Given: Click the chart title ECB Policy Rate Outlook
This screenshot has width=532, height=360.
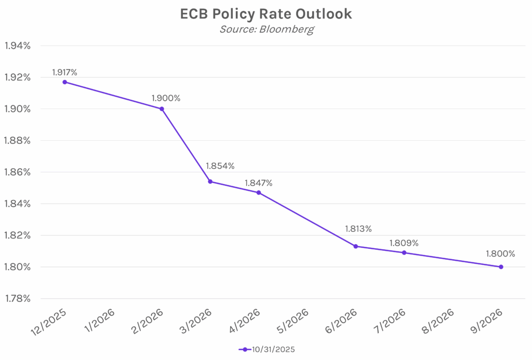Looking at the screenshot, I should tap(266, 14).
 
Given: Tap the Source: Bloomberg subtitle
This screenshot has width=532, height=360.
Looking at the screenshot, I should tap(266, 29).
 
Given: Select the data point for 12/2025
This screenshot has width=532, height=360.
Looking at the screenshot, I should tap(65, 82).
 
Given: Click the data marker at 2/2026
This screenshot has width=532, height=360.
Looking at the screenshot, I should tap(162, 109).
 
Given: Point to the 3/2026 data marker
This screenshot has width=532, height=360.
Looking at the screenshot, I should tap(210, 182).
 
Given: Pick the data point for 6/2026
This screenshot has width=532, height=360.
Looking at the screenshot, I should tap(356, 246).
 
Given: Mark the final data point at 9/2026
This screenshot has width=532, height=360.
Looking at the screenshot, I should tap(501, 267).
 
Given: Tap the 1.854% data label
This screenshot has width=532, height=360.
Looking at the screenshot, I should tap(220, 166).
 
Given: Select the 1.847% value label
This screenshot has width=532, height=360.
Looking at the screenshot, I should tap(258, 183).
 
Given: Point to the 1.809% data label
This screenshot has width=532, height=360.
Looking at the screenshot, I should tap(404, 243).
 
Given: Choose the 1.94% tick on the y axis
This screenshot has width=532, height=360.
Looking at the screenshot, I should tap(18, 46).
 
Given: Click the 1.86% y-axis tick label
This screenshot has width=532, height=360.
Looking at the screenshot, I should tap(18, 172).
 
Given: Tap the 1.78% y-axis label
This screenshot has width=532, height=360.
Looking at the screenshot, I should tap(18, 299).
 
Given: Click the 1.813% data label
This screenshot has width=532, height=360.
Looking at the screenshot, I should tap(358, 229).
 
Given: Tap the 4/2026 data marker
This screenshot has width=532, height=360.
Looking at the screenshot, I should tap(259, 193).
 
